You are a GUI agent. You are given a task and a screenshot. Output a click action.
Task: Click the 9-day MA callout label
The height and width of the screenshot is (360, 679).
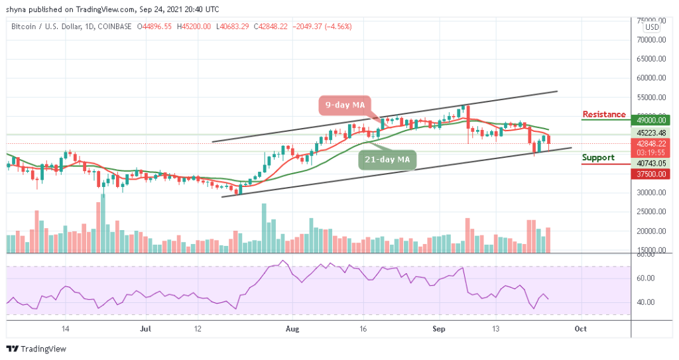[344, 105]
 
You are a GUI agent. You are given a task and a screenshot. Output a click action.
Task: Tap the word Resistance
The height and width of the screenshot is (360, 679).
[603, 115]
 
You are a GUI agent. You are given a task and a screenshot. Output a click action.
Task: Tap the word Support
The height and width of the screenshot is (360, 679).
[598, 158]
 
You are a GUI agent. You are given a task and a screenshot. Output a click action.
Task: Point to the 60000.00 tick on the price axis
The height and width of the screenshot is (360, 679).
[648, 78]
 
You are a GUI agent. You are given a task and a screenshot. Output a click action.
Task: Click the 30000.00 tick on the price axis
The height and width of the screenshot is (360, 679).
[648, 193]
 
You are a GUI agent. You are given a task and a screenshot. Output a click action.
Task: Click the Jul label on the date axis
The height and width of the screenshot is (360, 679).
[147, 328]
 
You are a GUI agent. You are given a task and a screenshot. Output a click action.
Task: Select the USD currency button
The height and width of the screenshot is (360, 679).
[652, 27]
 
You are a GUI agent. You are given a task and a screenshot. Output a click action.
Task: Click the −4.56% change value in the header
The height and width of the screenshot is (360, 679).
[338, 27]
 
